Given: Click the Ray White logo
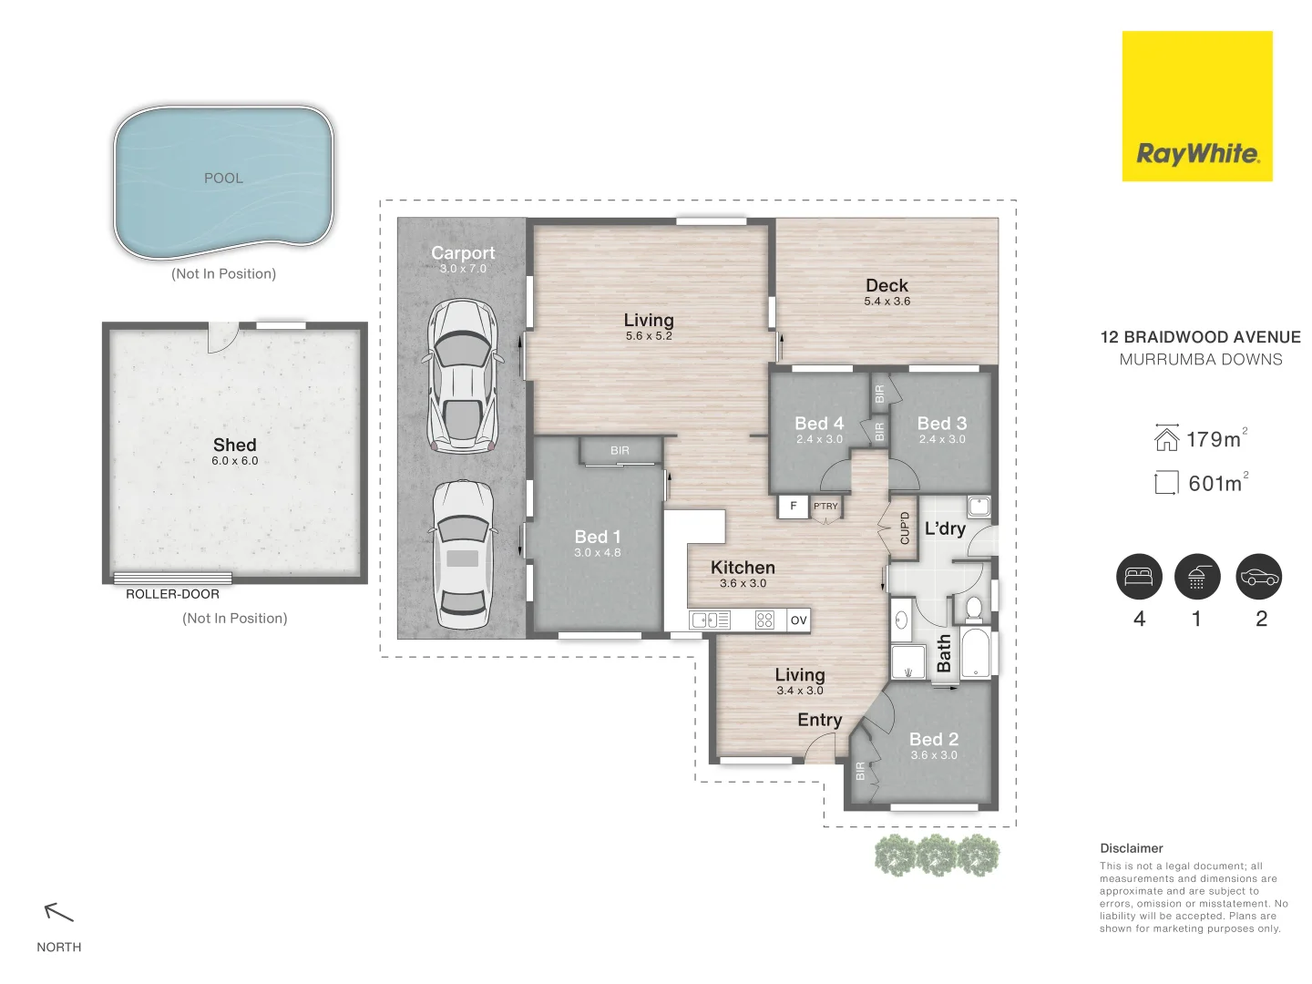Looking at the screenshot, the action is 1196,106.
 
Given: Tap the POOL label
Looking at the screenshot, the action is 223,178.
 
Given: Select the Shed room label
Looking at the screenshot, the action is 235,445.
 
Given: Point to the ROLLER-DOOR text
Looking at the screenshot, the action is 173,594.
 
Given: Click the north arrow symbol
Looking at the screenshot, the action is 58,912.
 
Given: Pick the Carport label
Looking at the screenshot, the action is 463,252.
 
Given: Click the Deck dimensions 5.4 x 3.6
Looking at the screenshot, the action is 887,301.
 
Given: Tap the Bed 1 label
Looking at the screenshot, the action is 597,537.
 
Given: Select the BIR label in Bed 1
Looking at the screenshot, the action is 620,450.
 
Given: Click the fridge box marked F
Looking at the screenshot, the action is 794,506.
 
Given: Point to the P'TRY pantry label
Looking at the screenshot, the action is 825,506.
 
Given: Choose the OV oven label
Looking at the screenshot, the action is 798,620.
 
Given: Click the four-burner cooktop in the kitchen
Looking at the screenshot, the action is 764,620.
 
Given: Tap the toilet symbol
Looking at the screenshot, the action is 974,608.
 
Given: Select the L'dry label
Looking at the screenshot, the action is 945,528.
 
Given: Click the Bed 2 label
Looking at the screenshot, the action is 934,739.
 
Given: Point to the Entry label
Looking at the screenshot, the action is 819,721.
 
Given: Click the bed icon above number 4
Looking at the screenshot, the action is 1139,577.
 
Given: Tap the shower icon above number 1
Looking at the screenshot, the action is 1197,577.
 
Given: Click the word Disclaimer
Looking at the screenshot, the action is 1132,848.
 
